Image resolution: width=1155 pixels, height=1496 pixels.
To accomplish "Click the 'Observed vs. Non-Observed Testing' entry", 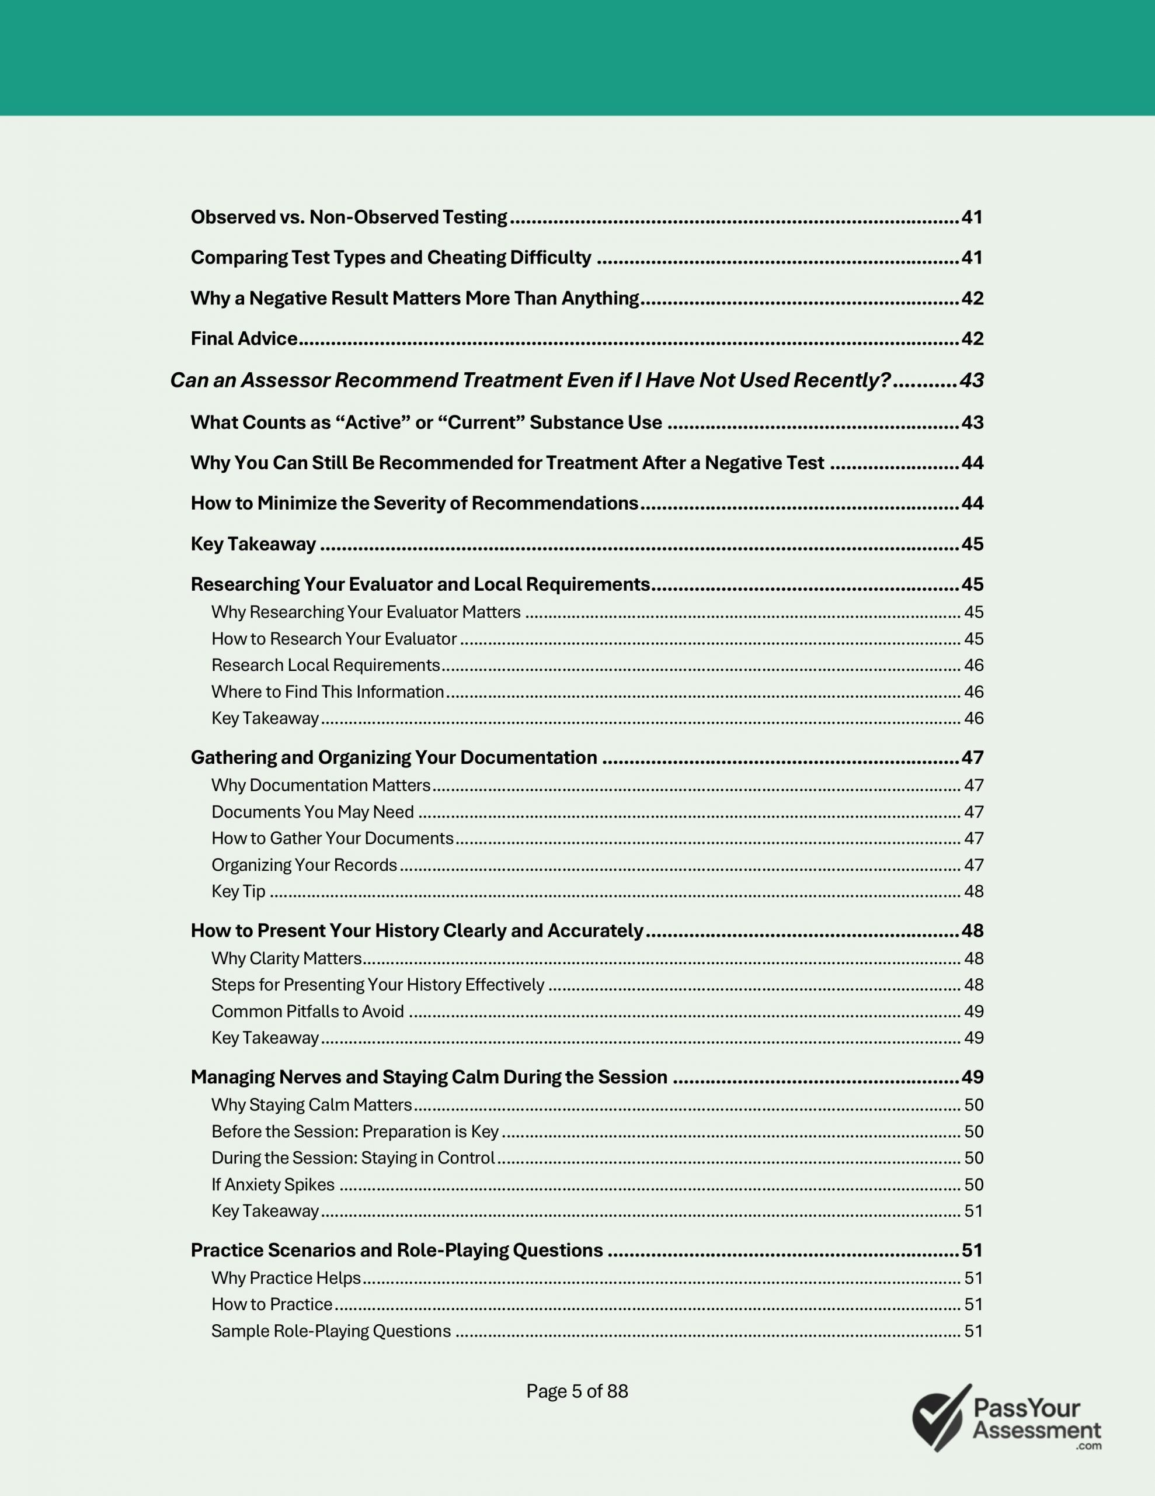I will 349,217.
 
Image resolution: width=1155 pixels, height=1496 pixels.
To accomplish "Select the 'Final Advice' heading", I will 243,338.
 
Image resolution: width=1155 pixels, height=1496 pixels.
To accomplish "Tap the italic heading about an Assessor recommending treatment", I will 530,380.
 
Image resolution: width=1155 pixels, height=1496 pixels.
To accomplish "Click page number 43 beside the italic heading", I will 972,380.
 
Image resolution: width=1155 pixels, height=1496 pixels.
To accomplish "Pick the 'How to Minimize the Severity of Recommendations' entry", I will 414,504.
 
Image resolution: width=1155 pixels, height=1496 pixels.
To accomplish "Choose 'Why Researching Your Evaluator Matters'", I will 366,612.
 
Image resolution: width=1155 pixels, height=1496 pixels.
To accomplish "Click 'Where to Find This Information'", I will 327,692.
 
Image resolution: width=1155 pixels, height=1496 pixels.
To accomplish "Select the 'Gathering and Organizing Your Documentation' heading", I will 394,757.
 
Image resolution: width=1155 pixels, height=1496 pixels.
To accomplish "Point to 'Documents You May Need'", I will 312,812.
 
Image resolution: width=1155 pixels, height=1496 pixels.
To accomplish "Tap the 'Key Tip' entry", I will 238,891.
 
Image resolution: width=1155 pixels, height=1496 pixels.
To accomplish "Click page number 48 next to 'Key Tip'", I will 973,891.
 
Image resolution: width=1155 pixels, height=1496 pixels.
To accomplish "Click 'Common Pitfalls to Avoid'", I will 307,1011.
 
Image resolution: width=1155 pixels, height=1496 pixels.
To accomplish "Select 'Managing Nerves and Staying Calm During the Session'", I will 429,1077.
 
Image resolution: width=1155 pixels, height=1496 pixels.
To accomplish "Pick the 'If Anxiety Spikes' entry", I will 273,1185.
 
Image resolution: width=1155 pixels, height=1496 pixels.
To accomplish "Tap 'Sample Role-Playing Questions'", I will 331,1331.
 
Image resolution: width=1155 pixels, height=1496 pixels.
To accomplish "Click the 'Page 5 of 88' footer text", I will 576,1391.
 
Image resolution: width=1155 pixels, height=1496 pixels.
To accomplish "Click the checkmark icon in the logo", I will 941,1418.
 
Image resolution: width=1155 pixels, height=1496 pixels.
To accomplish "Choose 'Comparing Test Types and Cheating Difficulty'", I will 391,258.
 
